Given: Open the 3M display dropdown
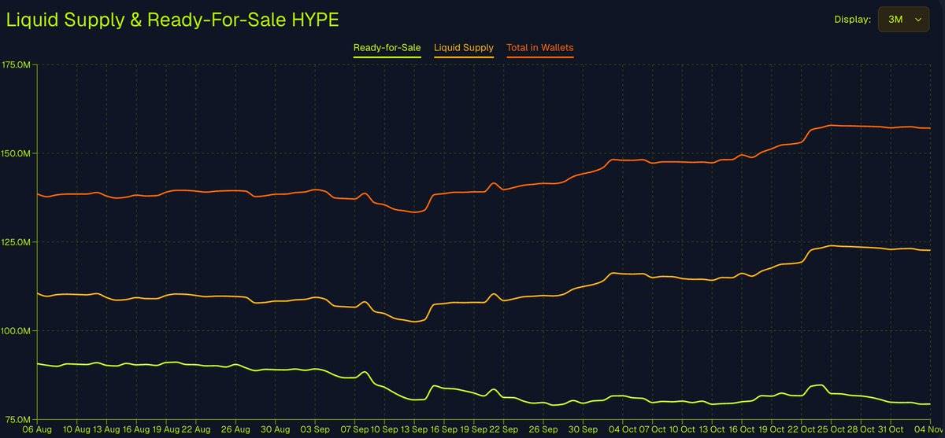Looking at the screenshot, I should click(x=903, y=20).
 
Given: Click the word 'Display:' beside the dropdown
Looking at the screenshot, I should click(x=853, y=20).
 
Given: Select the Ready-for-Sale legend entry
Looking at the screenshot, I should click(x=387, y=48).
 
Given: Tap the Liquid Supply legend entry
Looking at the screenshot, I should click(x=464, y=48).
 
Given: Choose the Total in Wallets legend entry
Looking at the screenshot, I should click(x=540, y=48).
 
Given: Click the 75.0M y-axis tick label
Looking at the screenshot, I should click(x=17, y=420).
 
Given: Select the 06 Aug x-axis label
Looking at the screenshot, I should click(x=16, y=430).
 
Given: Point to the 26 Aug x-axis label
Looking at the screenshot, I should click(x=235, y=430).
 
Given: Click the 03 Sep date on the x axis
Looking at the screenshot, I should click(x=316, y=430).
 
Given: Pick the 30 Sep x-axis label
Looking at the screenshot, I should click(x=584, y=430).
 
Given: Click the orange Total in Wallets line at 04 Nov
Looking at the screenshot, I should click(x=930, y=127).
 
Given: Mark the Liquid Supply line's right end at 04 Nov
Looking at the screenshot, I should click(x=930, y=250).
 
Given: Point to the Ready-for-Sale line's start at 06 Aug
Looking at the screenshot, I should click(x=38, y=363).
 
